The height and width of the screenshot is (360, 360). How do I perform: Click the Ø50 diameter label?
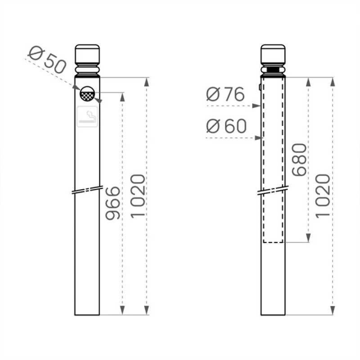(46, 59)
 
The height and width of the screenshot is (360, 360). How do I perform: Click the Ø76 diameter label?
(225, 94)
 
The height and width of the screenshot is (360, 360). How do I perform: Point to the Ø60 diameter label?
(226, 126)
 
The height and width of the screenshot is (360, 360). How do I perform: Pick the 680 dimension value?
(299, 160)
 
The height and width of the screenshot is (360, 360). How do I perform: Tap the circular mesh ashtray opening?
(87, 93)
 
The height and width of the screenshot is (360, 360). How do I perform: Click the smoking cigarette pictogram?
(88, 117)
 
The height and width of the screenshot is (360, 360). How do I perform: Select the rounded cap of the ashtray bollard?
(87, 54)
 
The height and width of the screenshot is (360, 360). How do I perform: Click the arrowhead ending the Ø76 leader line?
(258, 106)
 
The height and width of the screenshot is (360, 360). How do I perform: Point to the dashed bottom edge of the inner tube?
(274, 243)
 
